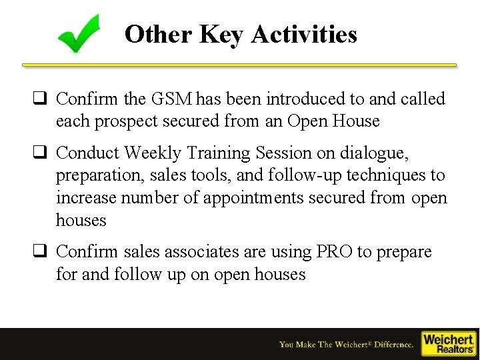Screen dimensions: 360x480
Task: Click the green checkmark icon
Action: click(79, 33)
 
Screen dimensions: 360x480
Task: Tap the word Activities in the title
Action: click(304, 34)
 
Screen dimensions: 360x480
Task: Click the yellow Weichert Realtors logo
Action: click(448, 343)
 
